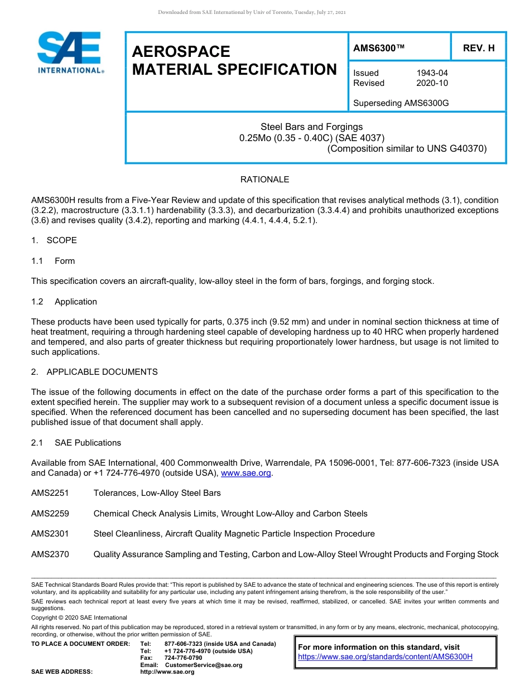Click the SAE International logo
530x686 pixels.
coord(69,52)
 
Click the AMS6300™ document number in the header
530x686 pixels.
coord(378,48)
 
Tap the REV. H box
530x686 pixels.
coord(478,48)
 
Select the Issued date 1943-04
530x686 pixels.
coord(432,73)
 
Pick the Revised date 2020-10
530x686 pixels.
coord(432,83)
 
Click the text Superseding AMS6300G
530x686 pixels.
coord(401,103)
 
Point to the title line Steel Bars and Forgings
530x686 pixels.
coord(311,127)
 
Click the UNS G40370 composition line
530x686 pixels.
coord(407,148)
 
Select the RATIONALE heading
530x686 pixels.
coord(264,180)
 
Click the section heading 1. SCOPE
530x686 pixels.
coord(54,240)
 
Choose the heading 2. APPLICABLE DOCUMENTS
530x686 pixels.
coord(94,372)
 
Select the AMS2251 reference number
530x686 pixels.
coord(50,493)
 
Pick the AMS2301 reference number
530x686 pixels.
coord(50,534)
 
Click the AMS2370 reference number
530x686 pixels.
coord(50,554)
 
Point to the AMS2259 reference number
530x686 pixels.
coord(50,514)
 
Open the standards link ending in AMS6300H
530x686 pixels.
coord(385,656)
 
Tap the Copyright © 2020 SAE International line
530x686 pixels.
coord(79,617)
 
